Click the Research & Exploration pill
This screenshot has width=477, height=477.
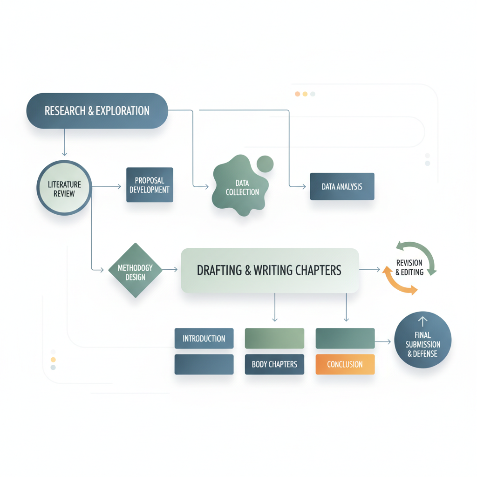click(x=97, y=111)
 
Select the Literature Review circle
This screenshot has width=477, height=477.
click(x=64, y=188)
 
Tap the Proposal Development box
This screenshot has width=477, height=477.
click(x=150, y=184)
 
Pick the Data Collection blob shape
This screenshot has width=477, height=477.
click(x=240, y=185)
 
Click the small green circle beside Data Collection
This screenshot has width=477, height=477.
click(x=265, y=164)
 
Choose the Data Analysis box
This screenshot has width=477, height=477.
click(x=342, y=186)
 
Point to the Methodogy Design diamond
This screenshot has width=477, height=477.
click(x=136, y=270)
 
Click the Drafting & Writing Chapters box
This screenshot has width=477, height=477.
click(x=270, y=271)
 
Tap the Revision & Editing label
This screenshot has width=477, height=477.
click(x=409, y=267)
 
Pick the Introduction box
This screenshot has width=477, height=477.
click(x=204, y=338)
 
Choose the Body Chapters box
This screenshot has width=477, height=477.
click(x=274, y=364)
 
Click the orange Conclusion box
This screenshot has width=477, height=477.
click(x=345, y=364)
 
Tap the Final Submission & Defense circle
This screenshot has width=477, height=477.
click(x=423, y=340)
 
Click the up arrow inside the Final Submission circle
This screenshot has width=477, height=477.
click(x=422, y=322)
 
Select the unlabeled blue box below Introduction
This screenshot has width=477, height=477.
click(x=204, y=364)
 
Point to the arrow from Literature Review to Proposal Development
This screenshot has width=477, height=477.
click(x=107, y=186)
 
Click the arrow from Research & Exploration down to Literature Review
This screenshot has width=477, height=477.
click(x=64, y=143)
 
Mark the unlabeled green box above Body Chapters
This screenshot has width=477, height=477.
click(x=274, y=338)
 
